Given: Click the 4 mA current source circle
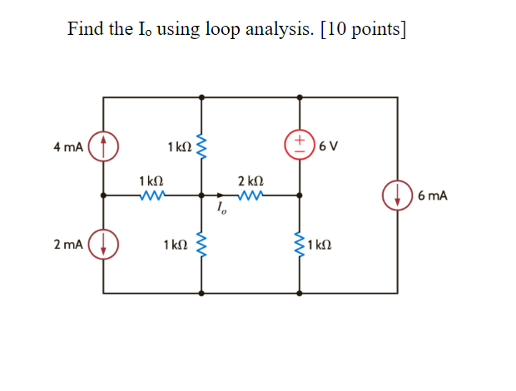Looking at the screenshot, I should pos(103,146).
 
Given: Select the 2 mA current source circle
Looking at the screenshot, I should pos(103,245).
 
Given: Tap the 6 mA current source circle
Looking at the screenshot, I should pos(397,196).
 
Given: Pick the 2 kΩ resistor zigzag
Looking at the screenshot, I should pos(251,196).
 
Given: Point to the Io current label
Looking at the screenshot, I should pos(221,210).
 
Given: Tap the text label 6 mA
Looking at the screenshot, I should pos(433,196).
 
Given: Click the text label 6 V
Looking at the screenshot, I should pos(328,147).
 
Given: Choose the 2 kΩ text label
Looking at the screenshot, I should pos(251,181).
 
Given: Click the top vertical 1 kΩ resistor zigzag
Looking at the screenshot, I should pos(201,146).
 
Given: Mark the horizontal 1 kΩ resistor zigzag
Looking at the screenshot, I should pos(151,196).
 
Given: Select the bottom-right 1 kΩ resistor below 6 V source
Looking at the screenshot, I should pos(299,245).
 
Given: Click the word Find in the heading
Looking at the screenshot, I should pos(85,30).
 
